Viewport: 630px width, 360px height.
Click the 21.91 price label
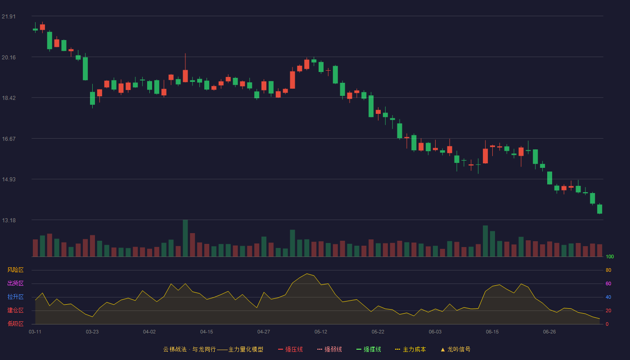9,17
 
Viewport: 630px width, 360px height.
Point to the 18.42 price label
9,98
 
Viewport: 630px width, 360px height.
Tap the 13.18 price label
9,220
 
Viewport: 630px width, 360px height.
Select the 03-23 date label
92,332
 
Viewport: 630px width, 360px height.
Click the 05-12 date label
321,332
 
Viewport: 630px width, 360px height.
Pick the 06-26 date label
549,332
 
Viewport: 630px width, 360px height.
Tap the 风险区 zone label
15,270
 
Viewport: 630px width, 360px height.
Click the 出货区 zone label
15,283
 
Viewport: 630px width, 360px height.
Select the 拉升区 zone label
15,297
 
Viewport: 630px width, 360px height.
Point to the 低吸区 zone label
15,324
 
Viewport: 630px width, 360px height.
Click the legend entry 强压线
290,349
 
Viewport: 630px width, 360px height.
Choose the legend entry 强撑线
369,349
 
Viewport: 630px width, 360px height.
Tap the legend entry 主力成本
410,349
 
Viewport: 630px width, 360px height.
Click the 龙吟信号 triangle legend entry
455,349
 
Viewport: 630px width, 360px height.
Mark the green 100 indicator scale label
610,256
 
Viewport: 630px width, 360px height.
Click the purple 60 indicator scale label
608,283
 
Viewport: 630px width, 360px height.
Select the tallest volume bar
185,238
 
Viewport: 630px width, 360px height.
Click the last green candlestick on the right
599,209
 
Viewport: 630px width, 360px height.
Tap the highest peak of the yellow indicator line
307,274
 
